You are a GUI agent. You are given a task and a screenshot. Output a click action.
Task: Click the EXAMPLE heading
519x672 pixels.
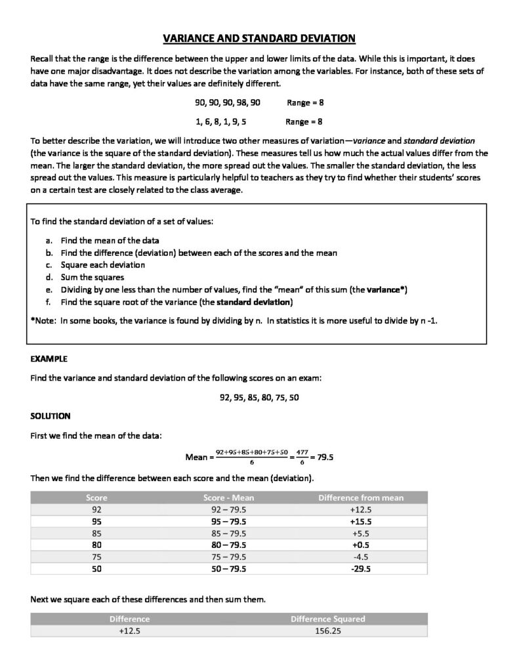coord(49,360)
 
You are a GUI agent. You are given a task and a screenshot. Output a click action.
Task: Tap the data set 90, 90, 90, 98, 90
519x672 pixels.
coord(228,103)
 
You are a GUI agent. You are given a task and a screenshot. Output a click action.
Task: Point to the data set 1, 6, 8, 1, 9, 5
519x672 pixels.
coord(221,121)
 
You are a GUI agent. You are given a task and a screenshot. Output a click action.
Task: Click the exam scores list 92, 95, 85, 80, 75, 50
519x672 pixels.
coord(259,398)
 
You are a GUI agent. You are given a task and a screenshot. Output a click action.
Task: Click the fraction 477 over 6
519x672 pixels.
coord(301,457)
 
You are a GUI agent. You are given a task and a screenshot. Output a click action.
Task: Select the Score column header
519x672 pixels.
coord(96,497)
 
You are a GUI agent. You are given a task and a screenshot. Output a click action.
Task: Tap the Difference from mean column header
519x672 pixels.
coord(361,497)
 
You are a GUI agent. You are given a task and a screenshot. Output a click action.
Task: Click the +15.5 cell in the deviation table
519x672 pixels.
coord(361,521)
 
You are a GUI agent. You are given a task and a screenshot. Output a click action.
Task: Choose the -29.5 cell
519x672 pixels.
coord(361,569)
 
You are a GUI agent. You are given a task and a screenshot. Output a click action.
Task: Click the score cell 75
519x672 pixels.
coord(96,557)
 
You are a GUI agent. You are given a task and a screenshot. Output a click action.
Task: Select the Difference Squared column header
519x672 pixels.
coord(328,619)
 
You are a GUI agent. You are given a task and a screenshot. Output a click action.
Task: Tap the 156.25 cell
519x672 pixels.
coord(328,631)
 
